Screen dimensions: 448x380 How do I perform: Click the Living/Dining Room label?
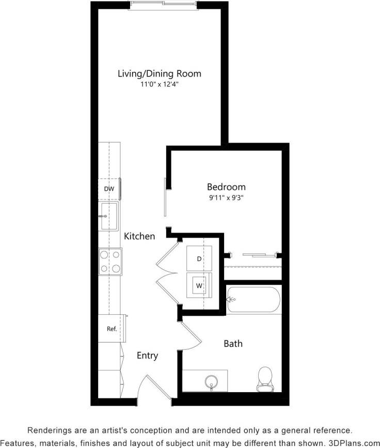tap(159, 73)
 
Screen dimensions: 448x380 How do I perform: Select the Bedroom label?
tap(226, 187)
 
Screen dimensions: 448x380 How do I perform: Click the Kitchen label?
tap(139, 236)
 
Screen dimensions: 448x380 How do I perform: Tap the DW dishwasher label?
tap(108, 189)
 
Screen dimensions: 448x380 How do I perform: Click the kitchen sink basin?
tap(109, 216)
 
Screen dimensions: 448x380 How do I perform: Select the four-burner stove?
tap(110, 261)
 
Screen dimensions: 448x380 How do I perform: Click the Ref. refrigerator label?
tap(111, 329)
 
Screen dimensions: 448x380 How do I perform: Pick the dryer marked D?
tap(199, 259)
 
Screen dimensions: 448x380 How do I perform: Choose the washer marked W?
tap(199, 285)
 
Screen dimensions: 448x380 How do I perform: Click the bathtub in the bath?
tap(253, 299)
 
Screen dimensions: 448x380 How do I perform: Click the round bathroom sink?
tap(211, 382)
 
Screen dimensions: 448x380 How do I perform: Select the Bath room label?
tap(233, 344)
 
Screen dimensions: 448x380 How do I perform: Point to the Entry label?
tap(147, 356)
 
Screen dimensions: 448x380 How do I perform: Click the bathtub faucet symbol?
tap(231, 299)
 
